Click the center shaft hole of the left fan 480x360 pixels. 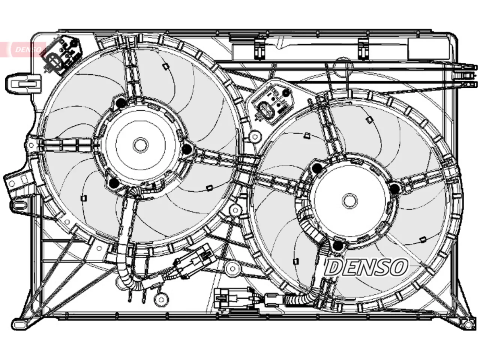141,145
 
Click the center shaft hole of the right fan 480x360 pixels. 350,201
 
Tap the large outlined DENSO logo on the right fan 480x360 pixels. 366,267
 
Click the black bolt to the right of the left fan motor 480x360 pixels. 187,149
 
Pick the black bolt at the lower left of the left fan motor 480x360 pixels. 114,183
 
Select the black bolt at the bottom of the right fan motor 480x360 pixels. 338,246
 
